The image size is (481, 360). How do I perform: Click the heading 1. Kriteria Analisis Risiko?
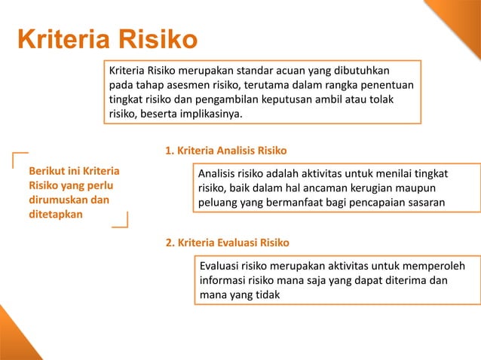[x=225, y=150]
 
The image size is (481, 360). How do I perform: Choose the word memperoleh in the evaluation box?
[x=434, y=267]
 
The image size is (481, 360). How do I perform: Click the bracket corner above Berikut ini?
[x=20, y=157]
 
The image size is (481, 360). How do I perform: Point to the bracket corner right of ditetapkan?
[x=121, y=220]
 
